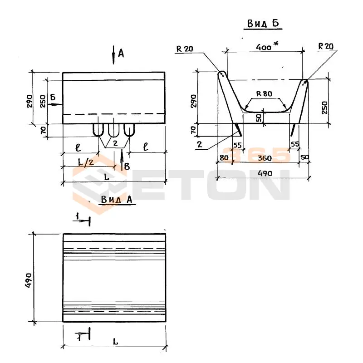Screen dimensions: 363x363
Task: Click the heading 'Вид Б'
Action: click(x=263, y=23)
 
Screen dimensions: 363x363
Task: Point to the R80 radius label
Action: click(x=264, y=94)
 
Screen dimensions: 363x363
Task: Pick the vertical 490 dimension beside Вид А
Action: click(x=29, y=278)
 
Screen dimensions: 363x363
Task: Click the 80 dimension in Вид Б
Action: click(x=224, y=158)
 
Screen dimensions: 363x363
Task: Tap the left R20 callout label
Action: click(x=185, y=49)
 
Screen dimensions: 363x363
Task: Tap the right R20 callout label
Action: click(x=326, y=46)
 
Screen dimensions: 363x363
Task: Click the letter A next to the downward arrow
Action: click(x=121, y=54)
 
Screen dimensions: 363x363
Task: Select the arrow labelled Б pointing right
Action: click(x=55, y=104)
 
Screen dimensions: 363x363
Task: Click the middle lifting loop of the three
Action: click(x=113, y=131)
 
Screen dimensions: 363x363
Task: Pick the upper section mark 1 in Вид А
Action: click(x=78, y=218)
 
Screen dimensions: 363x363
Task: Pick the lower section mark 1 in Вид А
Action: click(x=79, y=337)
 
